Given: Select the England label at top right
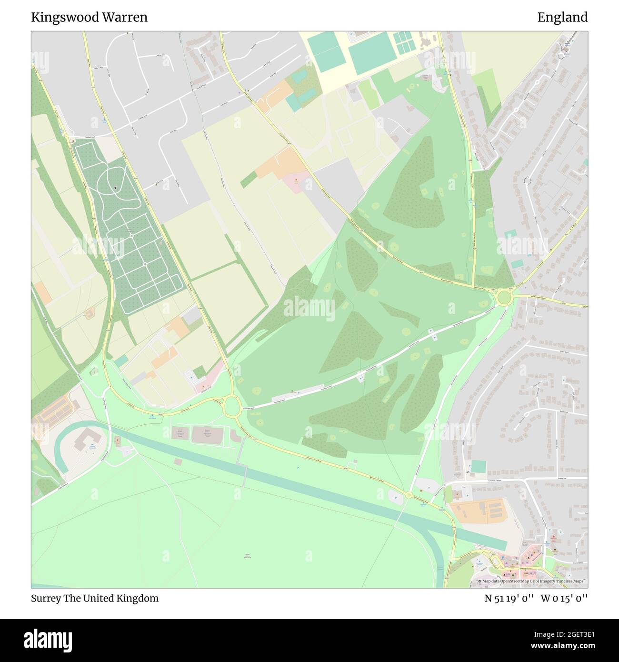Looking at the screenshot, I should point(562,17).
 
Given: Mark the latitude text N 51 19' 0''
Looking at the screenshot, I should point(509,598).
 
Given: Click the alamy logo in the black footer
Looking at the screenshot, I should point(48,639).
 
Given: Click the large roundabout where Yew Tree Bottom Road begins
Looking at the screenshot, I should point(503,299).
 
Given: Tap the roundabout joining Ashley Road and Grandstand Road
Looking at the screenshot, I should point(232,406).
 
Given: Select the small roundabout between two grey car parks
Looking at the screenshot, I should point(409,495).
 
